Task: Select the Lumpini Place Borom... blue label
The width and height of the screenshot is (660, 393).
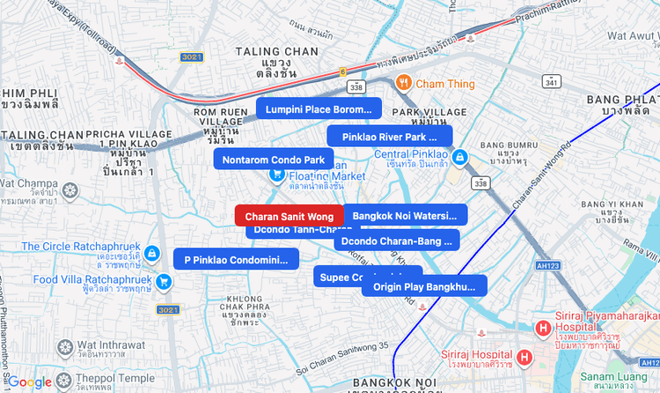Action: (x=319, y=109)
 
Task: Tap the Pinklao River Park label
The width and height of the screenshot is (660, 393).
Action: (x=389, y=137)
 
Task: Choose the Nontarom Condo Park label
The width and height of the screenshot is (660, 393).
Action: (x=273, y=159)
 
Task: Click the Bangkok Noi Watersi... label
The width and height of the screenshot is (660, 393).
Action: (x=405, y=215)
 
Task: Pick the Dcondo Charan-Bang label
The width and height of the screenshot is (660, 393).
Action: (x=396, y=241)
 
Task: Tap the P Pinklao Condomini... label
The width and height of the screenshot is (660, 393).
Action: (x=236, y=260)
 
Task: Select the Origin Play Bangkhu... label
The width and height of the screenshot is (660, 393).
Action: (x=423, y=286)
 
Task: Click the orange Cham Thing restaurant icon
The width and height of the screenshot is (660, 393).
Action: (x=404, y=83)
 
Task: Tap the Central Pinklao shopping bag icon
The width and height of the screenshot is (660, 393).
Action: (x=459, y=156)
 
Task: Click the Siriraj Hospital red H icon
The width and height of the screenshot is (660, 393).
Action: (x=524, y=358)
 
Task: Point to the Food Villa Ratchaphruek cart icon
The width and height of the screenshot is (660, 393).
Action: (x=164, y=281)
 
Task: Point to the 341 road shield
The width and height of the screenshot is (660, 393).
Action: (x=551, y=82)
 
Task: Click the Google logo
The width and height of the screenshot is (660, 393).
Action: (x=30, y=382)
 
